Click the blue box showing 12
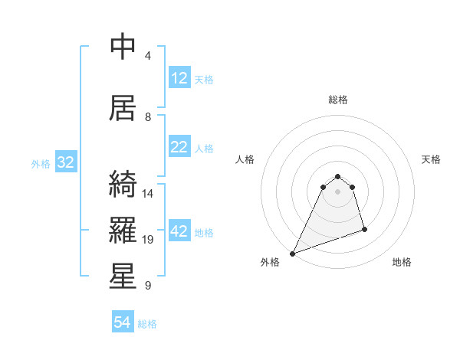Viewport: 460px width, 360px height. (179, 78)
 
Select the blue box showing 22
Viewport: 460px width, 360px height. (179, 147)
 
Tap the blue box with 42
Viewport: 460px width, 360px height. (179, 232)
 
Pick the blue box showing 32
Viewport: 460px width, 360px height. (65, 162)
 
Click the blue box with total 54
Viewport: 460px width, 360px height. (123, 323)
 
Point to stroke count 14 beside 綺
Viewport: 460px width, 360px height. (148, 194)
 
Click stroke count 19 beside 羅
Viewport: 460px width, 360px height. (148, 240)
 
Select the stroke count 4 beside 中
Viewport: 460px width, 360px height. (148, 56)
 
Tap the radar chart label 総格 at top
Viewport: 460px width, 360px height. (337, 100)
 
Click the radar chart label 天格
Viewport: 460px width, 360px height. (431, 159)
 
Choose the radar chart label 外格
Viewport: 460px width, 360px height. (270, 262)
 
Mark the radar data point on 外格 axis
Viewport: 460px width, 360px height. (292, 254)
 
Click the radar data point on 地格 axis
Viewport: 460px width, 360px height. (364, 229)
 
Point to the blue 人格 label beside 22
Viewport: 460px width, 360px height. (204, 148)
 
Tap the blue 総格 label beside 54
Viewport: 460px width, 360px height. (147, 324)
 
